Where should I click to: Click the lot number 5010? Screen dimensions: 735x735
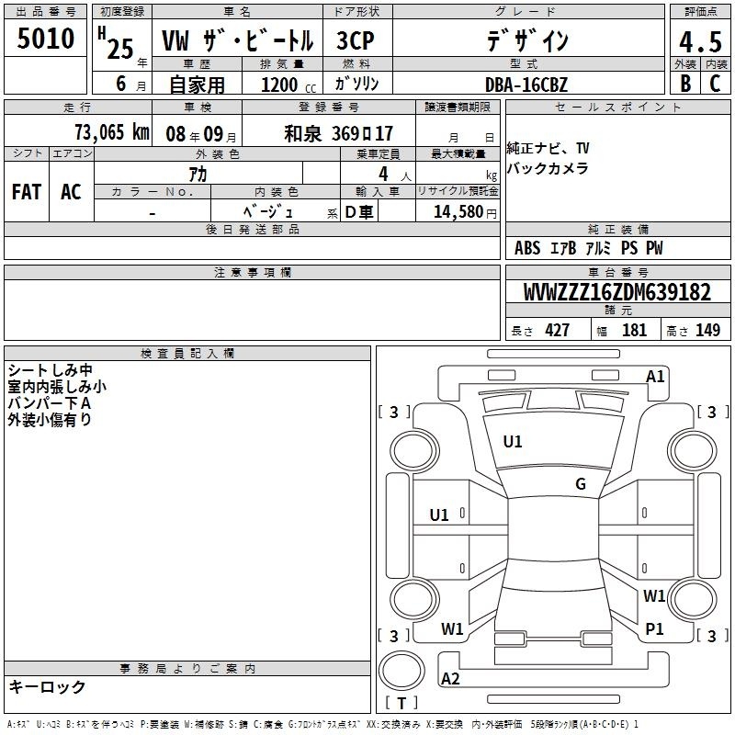click(45, 39)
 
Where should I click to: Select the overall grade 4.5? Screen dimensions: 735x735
click(700, 41)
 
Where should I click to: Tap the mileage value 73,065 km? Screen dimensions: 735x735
click(112, 132)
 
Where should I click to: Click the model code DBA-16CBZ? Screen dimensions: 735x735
click(526, 85)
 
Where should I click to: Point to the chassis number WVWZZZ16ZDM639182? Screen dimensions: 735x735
click(617, 292)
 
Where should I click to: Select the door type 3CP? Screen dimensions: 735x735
click(356, 40)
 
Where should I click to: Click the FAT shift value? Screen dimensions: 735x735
click(27, 192)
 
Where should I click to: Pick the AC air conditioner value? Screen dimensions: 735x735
click(72, 192)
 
